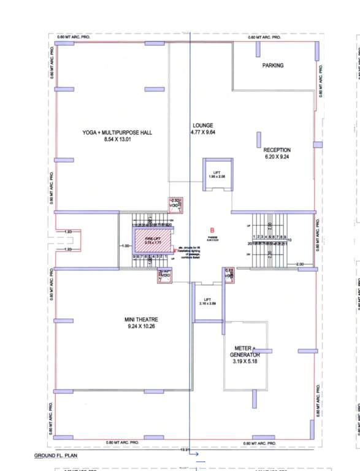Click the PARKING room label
click(x=273, y=65)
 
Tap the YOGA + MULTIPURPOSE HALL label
click(x=117, y=132)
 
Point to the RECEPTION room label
click(x=277, y=150)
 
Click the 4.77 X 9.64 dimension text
click(x=203, y=132)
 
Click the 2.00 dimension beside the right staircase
click(x=300, y=264)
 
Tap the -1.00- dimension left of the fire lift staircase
click(x=126, y=247)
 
